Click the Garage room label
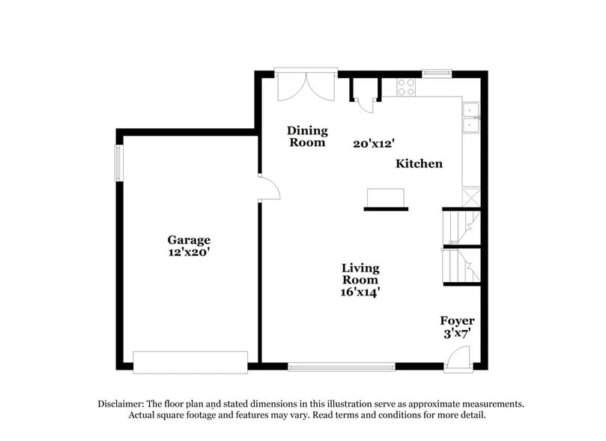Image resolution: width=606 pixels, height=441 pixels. click(189, 240)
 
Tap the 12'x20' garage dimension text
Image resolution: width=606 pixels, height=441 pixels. click(189, 253)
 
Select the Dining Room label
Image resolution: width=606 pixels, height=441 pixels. click(307, 136)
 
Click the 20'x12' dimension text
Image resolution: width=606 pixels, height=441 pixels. click(374, 142)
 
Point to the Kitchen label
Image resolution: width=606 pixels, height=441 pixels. click(419, 163)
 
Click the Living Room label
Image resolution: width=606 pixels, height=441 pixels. click(360, 274)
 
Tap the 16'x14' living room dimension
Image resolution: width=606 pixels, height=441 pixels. click(360, 292)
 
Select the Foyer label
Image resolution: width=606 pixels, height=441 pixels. click(457, 321)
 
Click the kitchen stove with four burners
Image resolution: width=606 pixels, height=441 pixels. click(406, 87)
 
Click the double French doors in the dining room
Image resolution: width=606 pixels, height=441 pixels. click(306, 85)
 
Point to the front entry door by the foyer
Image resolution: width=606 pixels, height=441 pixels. click(457, 362)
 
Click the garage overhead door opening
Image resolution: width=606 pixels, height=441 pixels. click(190, 361)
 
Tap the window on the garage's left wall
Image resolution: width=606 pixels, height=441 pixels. click(118, 163)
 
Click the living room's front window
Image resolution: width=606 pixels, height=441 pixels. click(342, 367)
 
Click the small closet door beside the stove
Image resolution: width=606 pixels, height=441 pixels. click(366, 103)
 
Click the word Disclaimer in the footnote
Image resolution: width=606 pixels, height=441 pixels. click(121, 403)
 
